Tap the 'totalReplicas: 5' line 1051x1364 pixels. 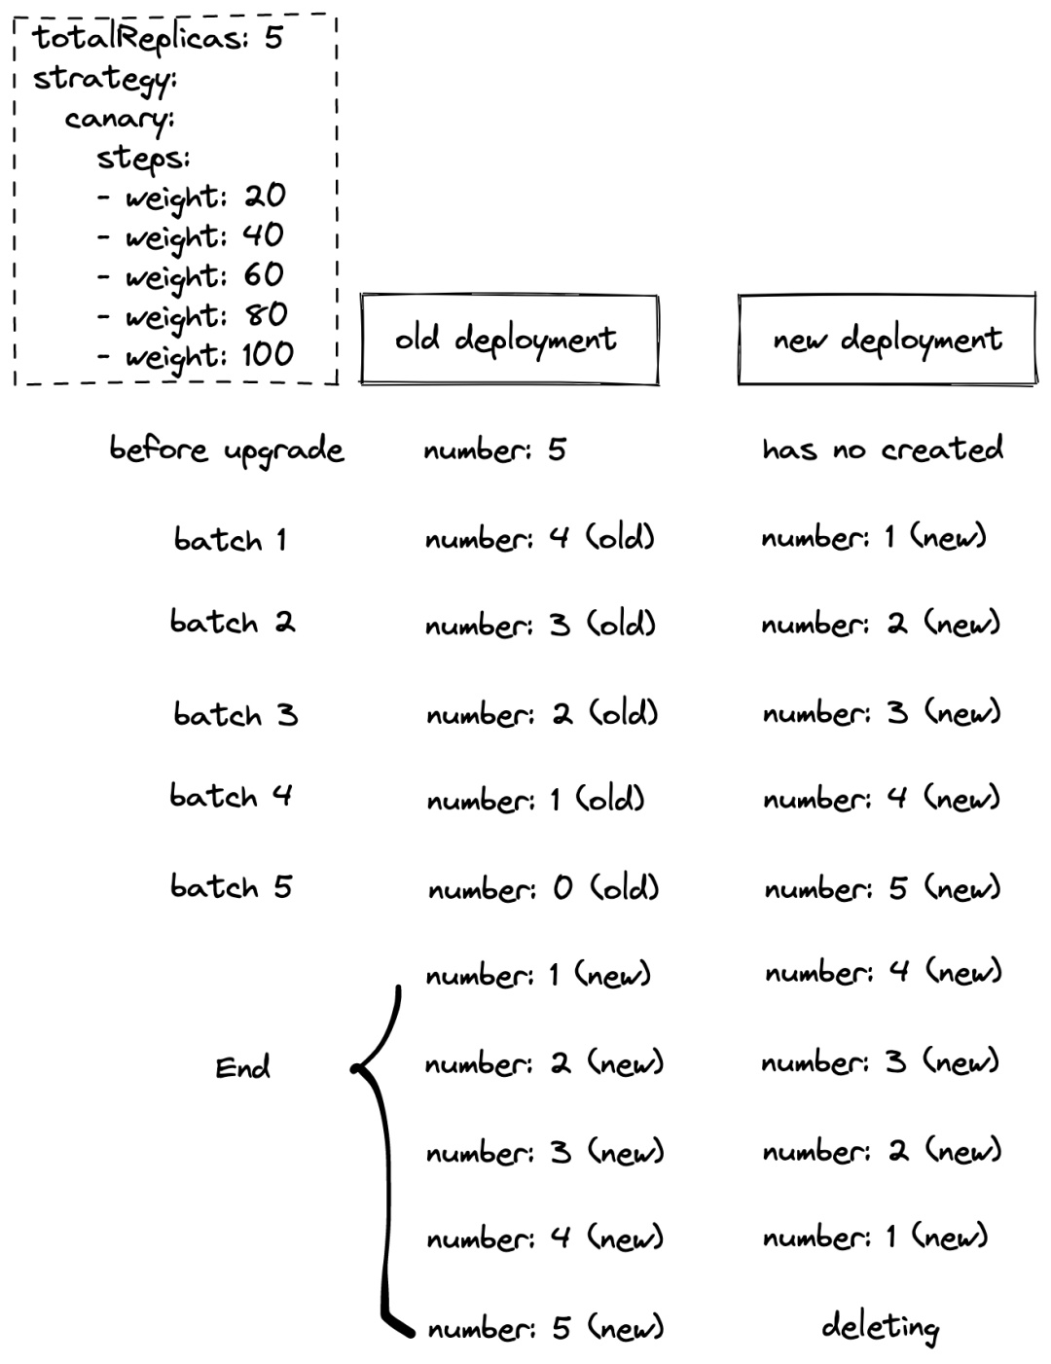[158, 38]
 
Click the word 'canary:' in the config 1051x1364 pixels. [120, 120]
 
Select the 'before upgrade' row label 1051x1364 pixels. [227, 449]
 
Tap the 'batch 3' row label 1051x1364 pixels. [236, 714]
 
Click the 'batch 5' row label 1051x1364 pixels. [231, 886]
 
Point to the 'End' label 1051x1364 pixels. [242, 1067]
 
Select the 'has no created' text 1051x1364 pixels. [882, 449]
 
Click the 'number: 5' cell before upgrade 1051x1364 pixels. [494, 449]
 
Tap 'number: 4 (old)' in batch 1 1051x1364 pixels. [540, 538]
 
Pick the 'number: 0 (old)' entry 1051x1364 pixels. [544, 888]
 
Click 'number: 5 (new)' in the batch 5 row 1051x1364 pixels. [883, 888]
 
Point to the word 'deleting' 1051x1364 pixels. [881, 1327]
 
